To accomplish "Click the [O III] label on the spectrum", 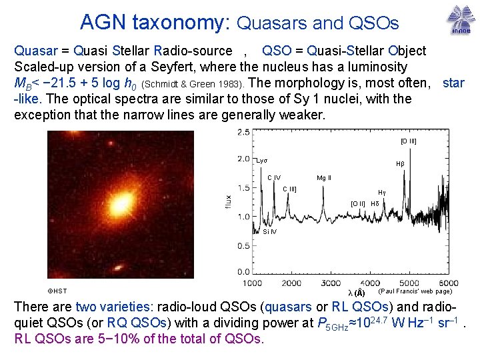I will coord(409,141).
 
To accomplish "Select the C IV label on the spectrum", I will coord(274,177).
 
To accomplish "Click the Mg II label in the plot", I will coord(324,178).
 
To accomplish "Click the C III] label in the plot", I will coord(289,189).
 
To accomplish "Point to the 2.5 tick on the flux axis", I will coord(243,132).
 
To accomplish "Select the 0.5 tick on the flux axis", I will coord(243,245).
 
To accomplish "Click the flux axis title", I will coord(229,201).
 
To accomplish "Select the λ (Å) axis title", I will coord(357,293).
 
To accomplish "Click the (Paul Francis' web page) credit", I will coord(415,291).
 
